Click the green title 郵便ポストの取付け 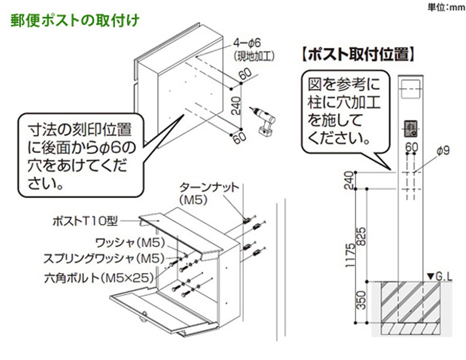click(x=75, y=20)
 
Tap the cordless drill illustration click(x=264, y=121)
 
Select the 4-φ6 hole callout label click(x=247, y=43)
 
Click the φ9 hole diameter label click(x=443, y=151)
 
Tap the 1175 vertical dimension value click(x=350, y=255)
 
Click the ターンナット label click(x=209, y=187)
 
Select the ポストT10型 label click(x=85, y=221)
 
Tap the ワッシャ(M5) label click(x=130, y=243)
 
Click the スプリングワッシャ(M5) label click(x=104, y=259)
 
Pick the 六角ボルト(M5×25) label click(x=99, y=278)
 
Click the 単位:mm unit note click(x=446, y=7)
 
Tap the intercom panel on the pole click(x=410, y=129)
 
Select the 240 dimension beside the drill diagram click(x=236, y=106)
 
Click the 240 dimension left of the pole click(x=350, y=181)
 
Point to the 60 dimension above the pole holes click(x=411, y=147)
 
